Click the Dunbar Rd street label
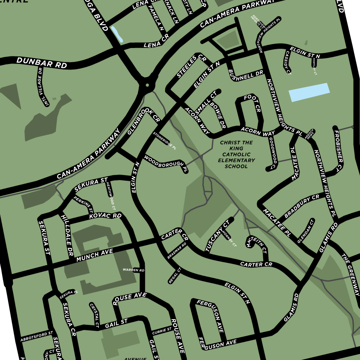click(42, 63)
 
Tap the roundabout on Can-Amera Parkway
click(147, 85)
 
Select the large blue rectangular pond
click(309, 92)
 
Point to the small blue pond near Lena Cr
click(117, 34)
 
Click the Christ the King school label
click(237, 154)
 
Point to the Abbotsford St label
click(37, 336)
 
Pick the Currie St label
click(161, 332)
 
